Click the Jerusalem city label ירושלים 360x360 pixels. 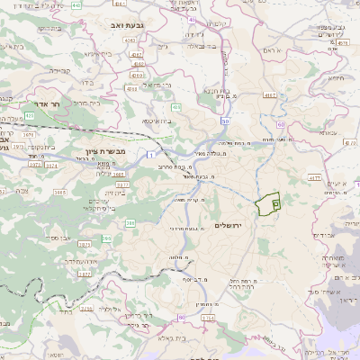point(230,222)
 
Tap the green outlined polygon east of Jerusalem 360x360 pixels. point(267,205)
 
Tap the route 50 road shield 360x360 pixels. point(225,121)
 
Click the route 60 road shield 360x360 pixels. point(282,124)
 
